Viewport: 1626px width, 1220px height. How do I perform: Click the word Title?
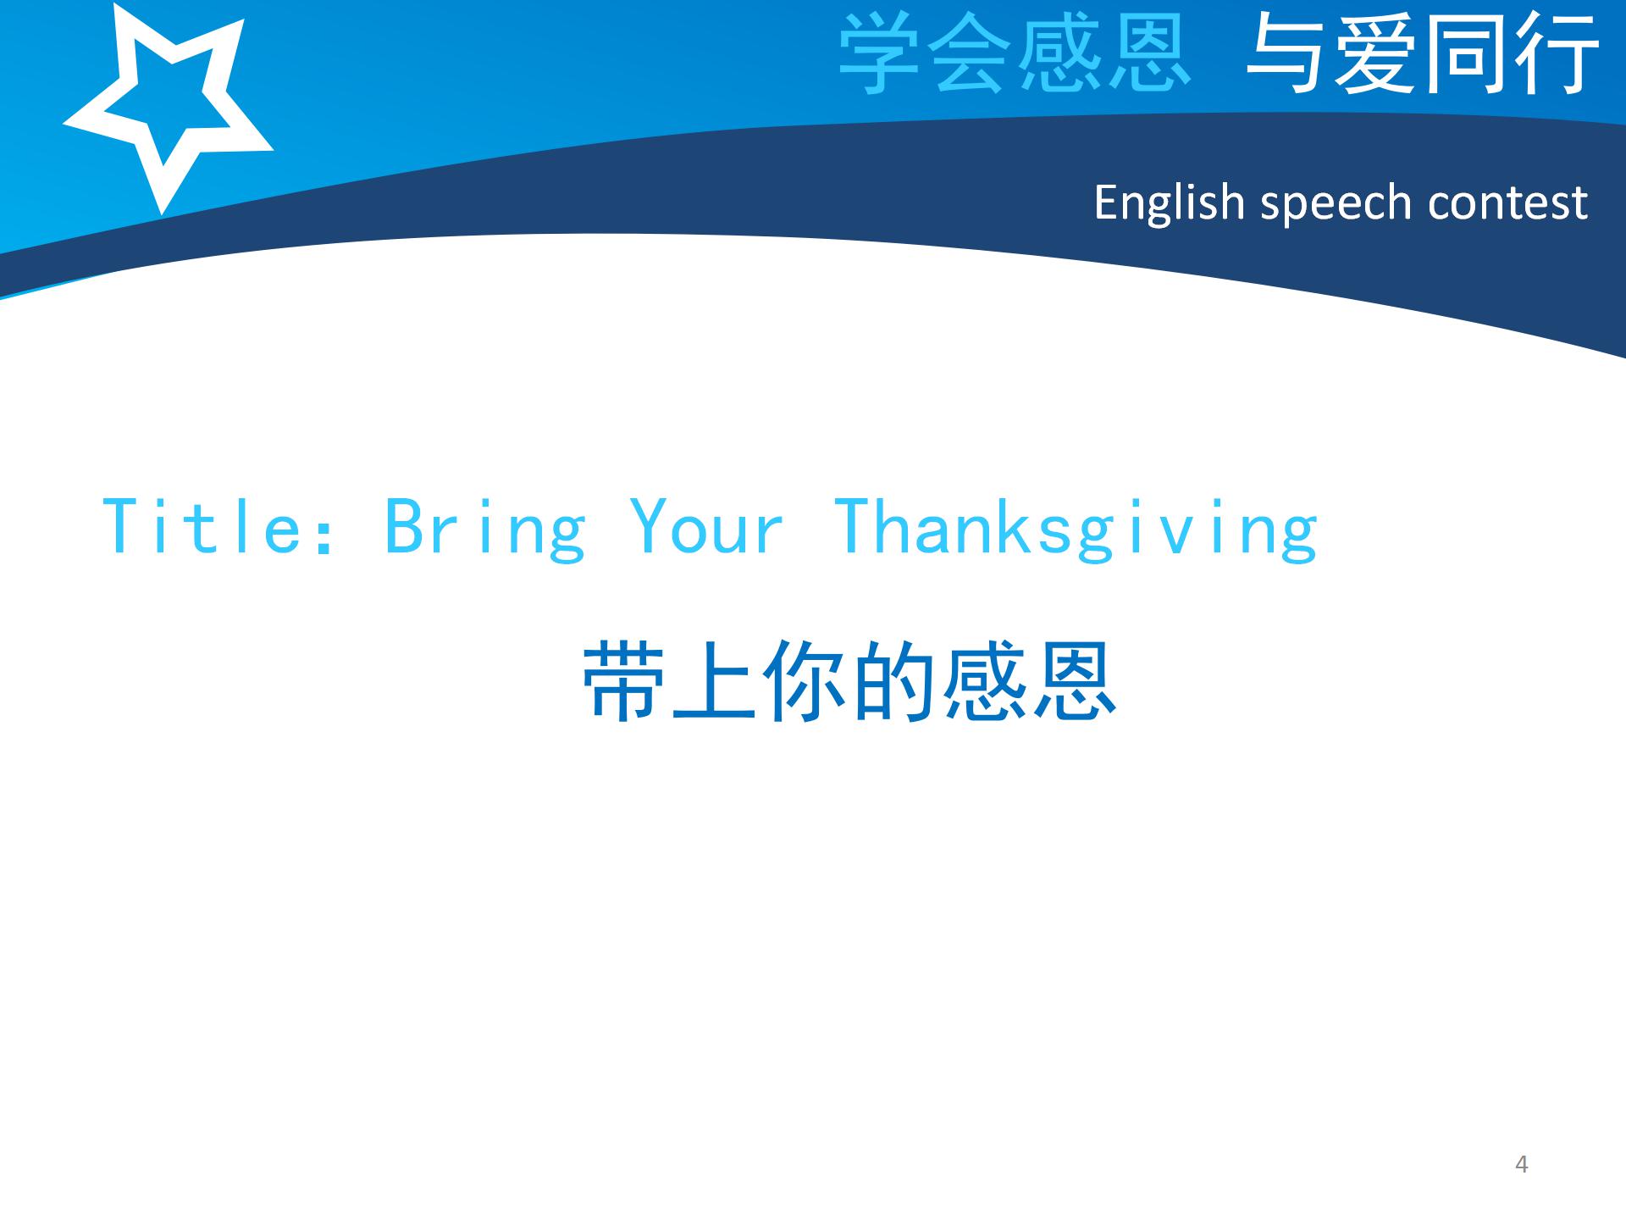(202, 527)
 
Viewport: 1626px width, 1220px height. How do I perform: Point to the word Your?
(707, 527)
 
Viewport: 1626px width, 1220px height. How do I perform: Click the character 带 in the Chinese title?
(624, 680)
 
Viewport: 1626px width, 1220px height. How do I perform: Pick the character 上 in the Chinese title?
(714, 680)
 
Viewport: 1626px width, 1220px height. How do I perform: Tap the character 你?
(804, 680)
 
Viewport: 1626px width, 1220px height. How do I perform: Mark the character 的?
(893, 680)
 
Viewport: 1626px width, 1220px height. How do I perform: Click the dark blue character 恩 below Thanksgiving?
(1073, 680)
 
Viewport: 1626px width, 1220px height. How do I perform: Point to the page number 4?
(1521, 1165)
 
